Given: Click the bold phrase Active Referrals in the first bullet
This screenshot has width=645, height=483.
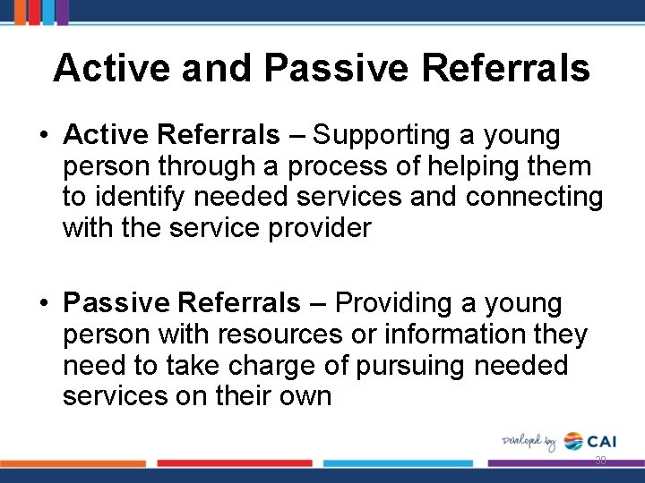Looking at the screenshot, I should [172, 136].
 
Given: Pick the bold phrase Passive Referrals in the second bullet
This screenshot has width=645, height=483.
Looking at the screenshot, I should [182, 304].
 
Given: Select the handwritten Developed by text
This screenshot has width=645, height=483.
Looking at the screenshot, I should [529, 442].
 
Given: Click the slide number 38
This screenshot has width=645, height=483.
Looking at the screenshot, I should [599, 461].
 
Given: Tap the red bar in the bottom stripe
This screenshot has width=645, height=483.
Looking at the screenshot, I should [235, 463].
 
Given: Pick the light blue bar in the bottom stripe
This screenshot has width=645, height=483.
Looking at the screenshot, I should [398, 463].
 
